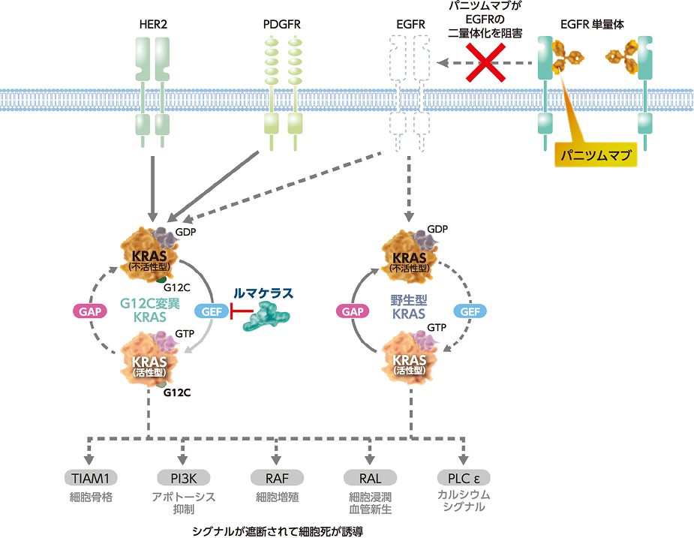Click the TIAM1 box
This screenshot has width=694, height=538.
pyautogui.click(x=91, y=478)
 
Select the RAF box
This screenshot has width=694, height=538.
pyautogui.click(x=277, y=478)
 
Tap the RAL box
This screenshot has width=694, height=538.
pyautogui.click(x=370, y=478)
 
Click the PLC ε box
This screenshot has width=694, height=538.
pyautogui.click(x=463, y=478)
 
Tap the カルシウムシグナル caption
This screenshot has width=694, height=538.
pyautogui.click(x=463, y=502)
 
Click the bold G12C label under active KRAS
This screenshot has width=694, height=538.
pyautogui.click(x=177, y=392)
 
